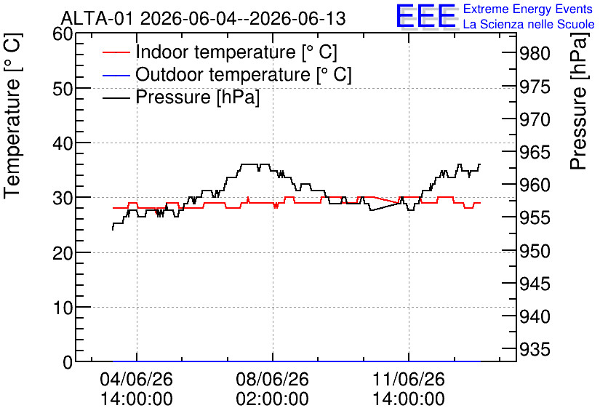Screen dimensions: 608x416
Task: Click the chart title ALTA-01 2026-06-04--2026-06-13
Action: point(203,18)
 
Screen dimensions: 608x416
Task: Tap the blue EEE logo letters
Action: point(426,16)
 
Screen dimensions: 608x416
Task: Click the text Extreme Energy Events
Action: point(528,9)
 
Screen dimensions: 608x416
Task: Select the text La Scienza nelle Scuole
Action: point(529,24)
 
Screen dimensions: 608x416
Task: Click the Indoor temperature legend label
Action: point(236,52)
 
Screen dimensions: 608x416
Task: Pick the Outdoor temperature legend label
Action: point(244,74)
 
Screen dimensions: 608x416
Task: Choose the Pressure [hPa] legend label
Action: point(197,97)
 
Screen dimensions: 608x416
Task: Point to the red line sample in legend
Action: point(116,52)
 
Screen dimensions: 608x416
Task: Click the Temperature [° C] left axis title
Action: point(12,116)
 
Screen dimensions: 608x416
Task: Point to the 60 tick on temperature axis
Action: point(63,33)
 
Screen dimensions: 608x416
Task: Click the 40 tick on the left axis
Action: point(63,143)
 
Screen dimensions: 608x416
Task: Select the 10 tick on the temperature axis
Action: point(63,308)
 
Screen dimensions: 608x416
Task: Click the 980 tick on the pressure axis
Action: point(535,54)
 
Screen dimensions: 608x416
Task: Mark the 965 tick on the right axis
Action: point(535,153)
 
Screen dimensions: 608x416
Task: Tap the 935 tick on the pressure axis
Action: point(535,350)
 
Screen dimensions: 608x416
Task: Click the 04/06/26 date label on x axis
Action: point(137,379)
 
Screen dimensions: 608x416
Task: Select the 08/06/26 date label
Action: point(273,379)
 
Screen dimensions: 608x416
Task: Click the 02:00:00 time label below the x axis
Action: point(273,399)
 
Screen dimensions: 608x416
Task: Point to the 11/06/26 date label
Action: point(409,379)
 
